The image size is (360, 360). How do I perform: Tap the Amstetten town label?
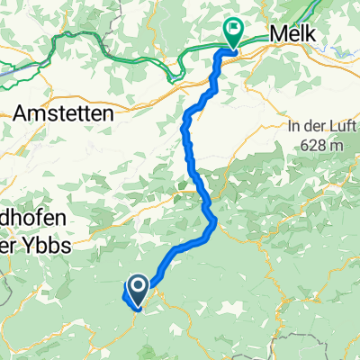(62, 113)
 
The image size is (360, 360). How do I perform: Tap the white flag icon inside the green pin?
(233, 29)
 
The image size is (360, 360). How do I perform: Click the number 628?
(310, 144)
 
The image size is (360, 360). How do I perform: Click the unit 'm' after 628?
(335, 144)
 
